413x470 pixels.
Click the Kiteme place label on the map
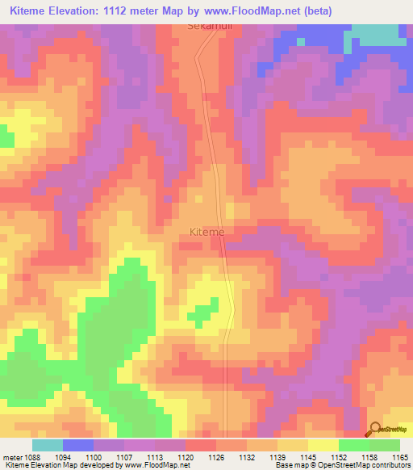pos(206,232)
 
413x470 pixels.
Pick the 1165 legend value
pos(399,456)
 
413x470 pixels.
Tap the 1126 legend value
pos(215,456)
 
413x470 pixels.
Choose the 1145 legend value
pos(307,456)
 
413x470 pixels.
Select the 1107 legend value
pos(123,456)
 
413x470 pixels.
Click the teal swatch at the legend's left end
pos(48,445)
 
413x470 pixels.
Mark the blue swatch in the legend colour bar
pos(78,445)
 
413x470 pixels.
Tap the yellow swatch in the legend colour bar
pos(323,445)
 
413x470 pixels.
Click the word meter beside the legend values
pos(11,456)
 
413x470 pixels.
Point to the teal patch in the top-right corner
pos(379,34)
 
